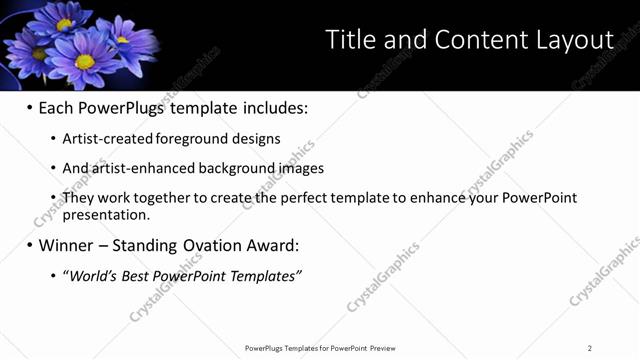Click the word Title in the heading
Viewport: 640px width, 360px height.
coord(353,40)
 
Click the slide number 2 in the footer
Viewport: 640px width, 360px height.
coord(589,348)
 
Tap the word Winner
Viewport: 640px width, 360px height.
coord(68,245)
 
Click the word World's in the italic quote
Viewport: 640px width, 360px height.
coord(96,275)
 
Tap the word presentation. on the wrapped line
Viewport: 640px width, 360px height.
coord(106,214)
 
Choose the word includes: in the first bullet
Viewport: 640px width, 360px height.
coord(270,107)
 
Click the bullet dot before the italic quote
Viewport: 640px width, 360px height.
coord(52,275)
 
